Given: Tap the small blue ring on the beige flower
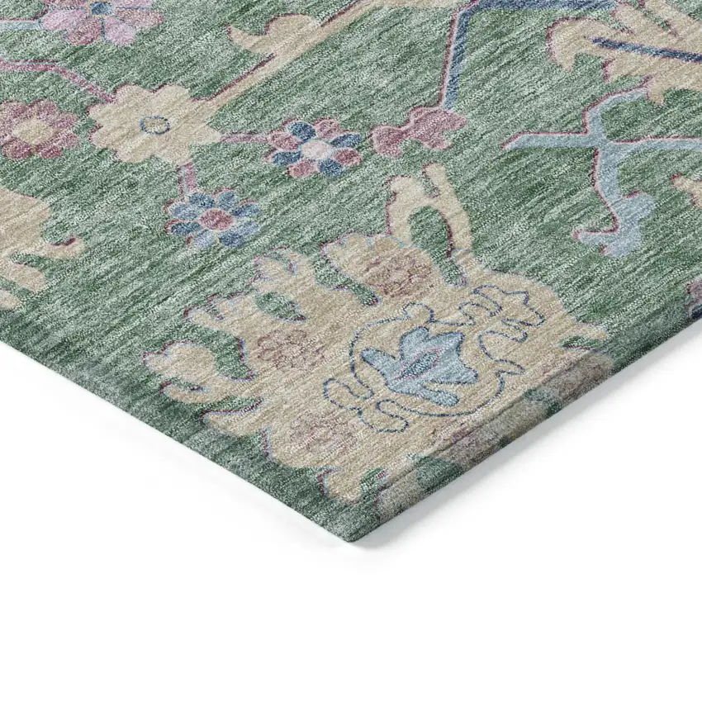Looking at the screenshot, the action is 154,125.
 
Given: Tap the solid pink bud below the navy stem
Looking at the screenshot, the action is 421,128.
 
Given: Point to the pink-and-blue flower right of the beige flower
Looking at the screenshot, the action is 314,149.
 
